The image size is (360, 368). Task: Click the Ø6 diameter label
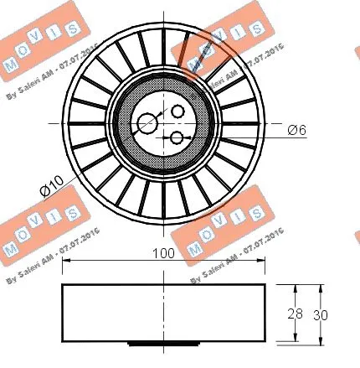[298, 130]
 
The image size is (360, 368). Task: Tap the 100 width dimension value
[163, 253]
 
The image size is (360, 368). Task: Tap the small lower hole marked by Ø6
[177, 137]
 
